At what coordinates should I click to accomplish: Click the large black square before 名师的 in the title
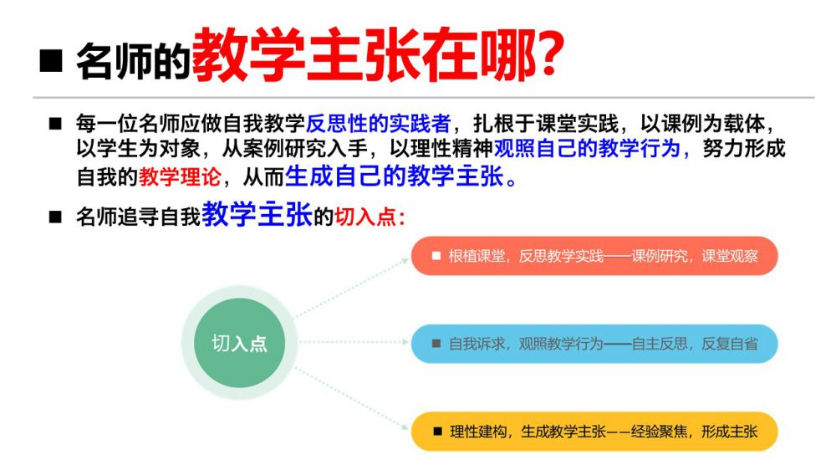point(52,60)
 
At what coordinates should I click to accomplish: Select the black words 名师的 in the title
point(133,61)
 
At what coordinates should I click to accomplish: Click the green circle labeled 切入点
point(239,343)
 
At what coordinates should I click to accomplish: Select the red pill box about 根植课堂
point(594,256)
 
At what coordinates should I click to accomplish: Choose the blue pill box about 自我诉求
point(594,344)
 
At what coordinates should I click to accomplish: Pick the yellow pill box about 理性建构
point(594,431)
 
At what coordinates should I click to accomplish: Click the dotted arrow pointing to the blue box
point(354,342)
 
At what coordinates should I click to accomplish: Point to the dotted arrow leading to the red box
point(352,288)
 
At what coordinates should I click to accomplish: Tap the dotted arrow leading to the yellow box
point(352,398)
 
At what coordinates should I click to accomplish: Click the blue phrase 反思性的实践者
point(379,124)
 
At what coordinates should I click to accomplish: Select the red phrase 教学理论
point(180,177)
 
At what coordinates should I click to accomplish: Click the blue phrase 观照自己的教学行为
point(587,149)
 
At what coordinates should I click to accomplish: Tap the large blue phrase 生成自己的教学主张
point(395,176)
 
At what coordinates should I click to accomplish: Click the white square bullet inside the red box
point(436,256)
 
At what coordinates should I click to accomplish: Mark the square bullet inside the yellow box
point(438,431)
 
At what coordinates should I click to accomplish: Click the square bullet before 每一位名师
point(55,125)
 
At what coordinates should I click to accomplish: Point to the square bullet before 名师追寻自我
point(55,217)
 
